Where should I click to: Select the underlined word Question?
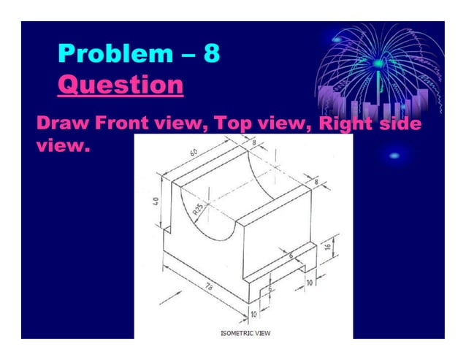click(x=120, y=85)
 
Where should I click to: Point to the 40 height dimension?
click(x=156, y=199)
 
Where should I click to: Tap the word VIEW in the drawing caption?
click(x=261, y=333)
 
